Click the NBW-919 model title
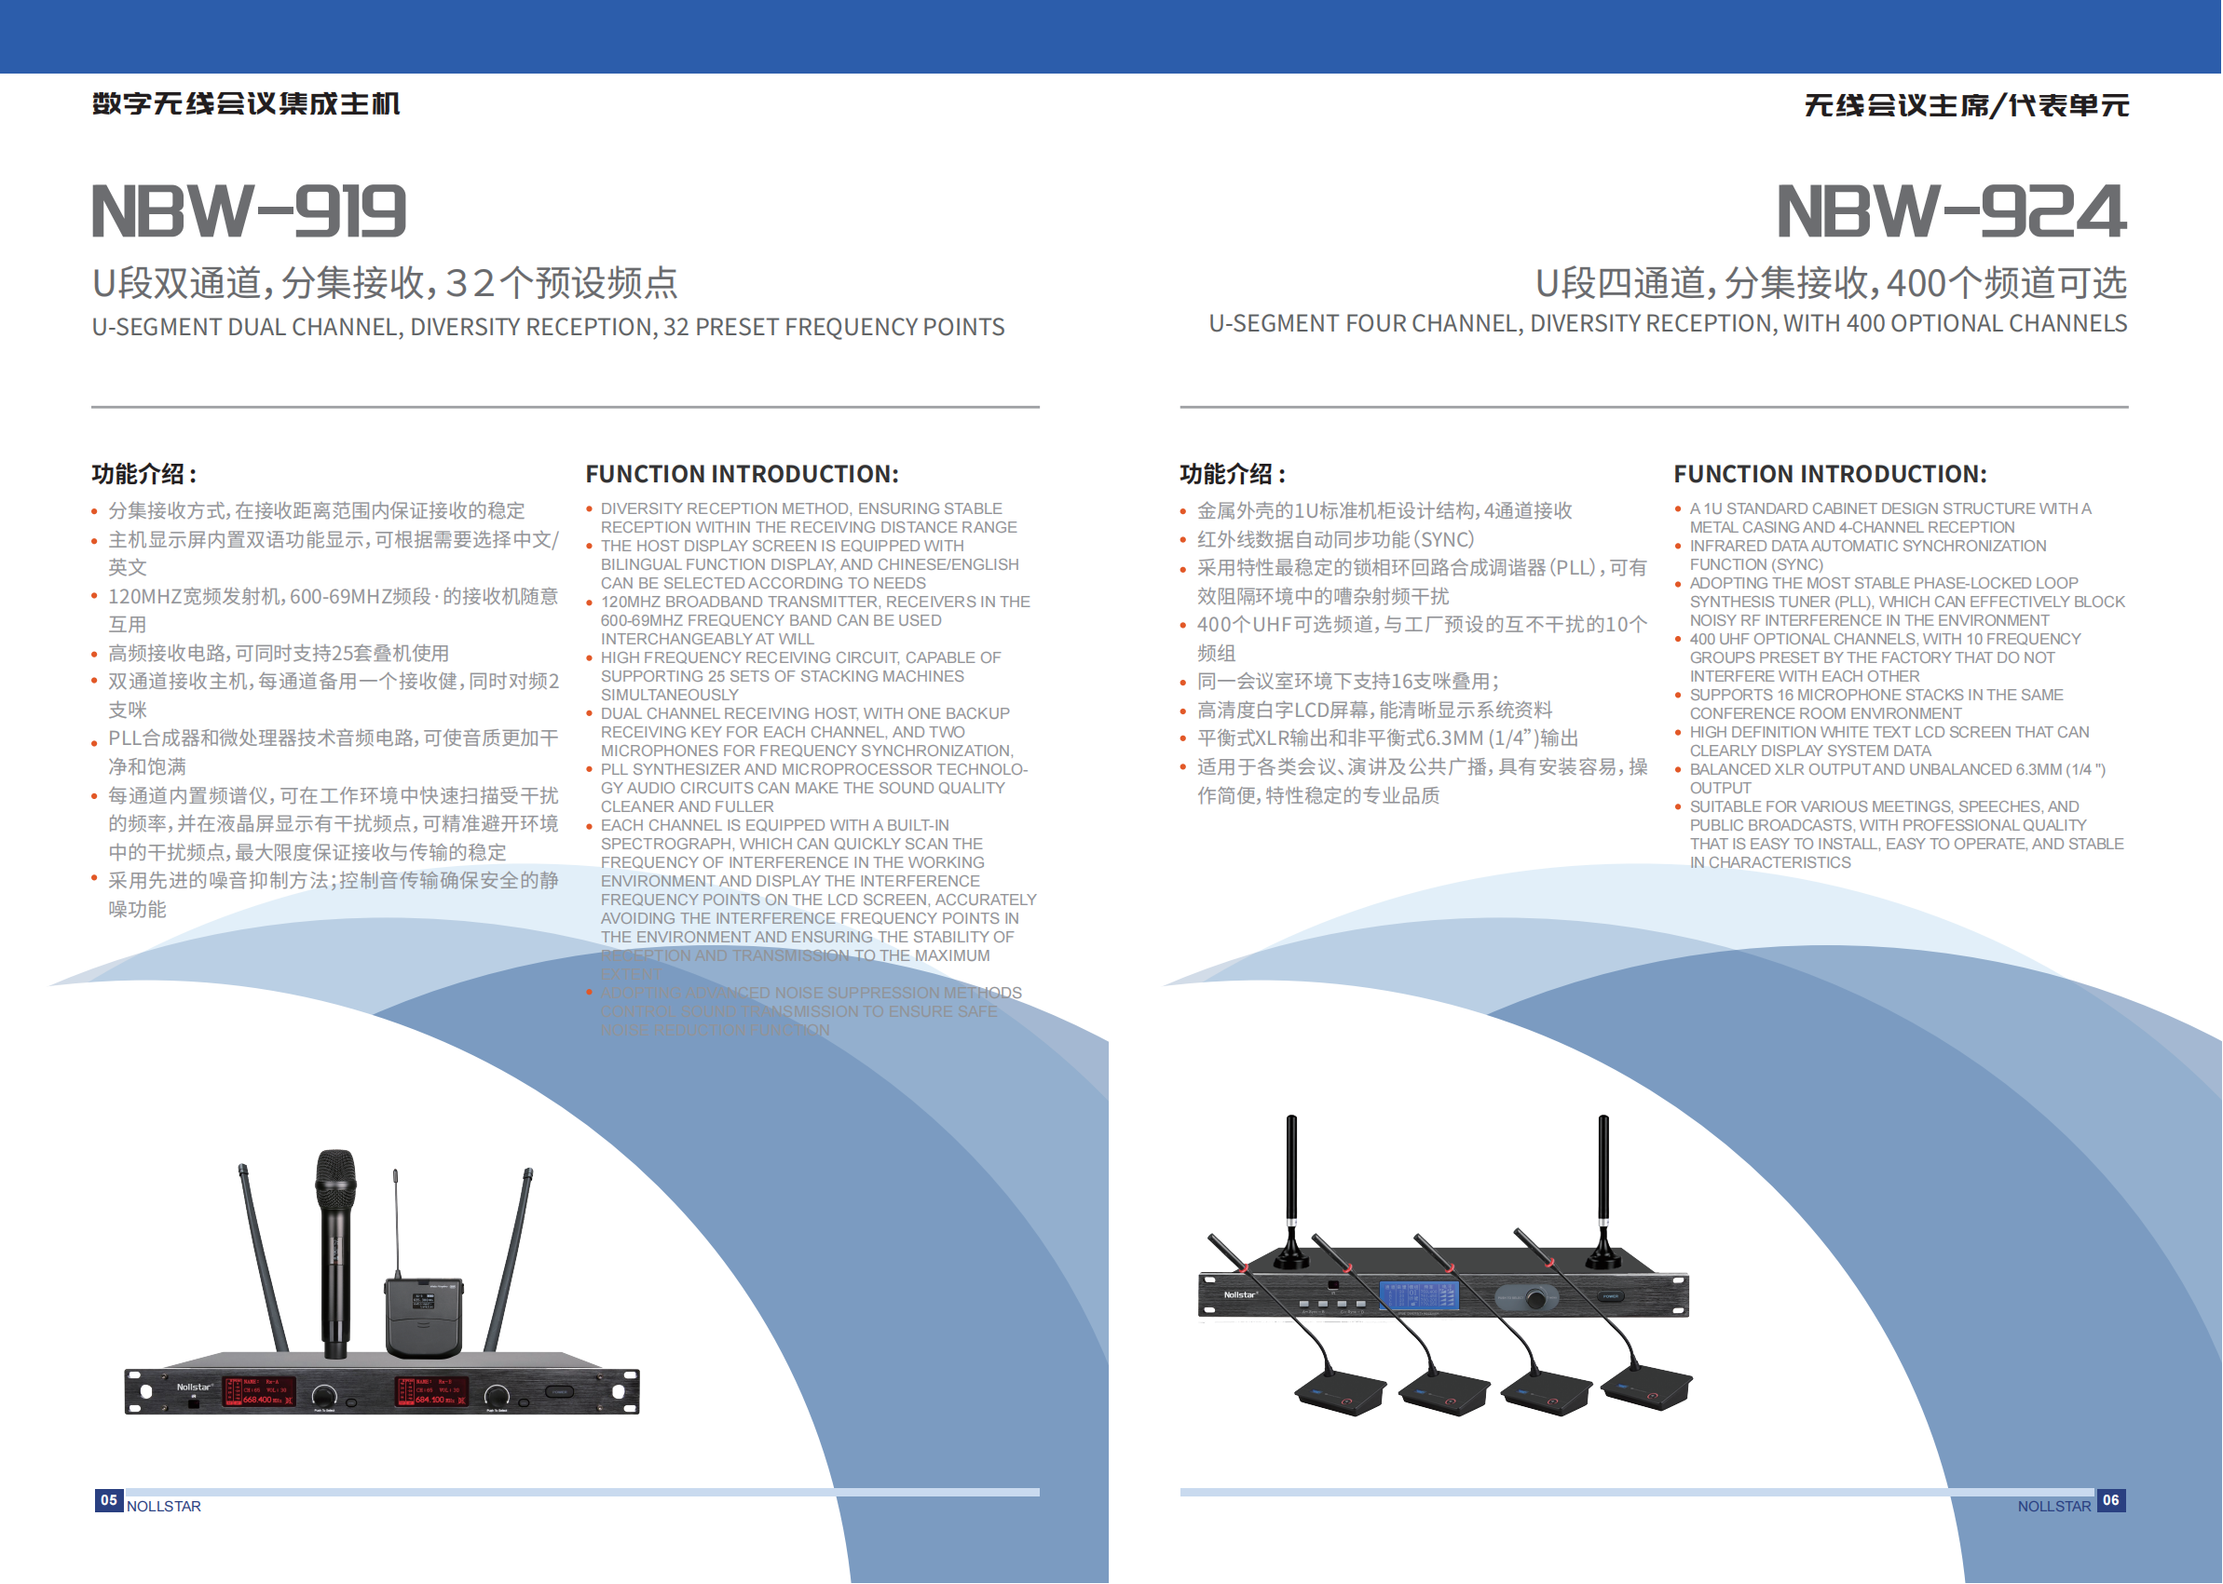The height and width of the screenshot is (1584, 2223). click(x=249, y=210)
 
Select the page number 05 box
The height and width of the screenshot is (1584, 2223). click(x=108, y=1500)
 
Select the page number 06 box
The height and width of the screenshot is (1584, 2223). click(x=2111, y=1500)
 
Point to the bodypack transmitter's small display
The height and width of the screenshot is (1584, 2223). click(x=424, y=1301)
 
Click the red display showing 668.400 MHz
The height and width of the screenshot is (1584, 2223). click(x=260, y=1392)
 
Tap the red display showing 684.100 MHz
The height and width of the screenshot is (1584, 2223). click(x=431, y=1392)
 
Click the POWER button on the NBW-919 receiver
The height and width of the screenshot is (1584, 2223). click(x=558, y=1392)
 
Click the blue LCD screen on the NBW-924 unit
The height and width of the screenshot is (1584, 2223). click(x=1419, y=1295)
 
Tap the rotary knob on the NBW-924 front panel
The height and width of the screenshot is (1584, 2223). click(x=1536, y=1299)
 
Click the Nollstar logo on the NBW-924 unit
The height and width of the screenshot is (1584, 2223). click(x=1240, y=1295)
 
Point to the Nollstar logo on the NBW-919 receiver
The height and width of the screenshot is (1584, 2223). click(x=194, y=1386)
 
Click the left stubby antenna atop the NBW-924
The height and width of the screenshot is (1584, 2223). click(x=1292, y=1190)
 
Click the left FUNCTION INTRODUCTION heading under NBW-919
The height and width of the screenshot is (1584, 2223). click(x=742, y=474)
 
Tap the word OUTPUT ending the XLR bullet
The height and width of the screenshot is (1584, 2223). click(x=1721, y=788)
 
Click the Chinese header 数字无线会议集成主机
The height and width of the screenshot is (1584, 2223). click(x=246, y=103)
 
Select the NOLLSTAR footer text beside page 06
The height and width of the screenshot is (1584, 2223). click(x=2053, y=1506)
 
